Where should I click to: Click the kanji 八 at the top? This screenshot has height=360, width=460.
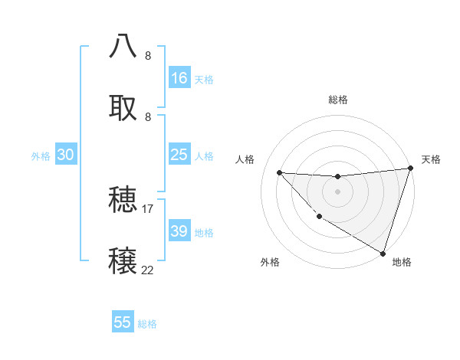click(123, 46)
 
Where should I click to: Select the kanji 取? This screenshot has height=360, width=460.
click(123, 108)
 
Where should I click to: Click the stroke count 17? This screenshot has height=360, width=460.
click(148, 208)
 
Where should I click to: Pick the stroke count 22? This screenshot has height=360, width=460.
click(148, 270)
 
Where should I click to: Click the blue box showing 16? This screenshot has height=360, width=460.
click(179, 78)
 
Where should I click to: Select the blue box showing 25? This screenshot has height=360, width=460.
click(179, 155)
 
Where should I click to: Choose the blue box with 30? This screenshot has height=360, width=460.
click(66, 155)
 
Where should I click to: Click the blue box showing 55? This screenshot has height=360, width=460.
click(123, 322)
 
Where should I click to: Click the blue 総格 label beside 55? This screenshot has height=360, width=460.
click(148, 324)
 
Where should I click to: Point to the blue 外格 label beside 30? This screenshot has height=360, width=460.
click(41, 156)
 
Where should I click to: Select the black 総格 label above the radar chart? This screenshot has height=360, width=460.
click(337, 100)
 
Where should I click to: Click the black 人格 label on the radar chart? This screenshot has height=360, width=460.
click(245, 159)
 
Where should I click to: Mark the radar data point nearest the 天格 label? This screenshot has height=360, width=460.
click(410, 169)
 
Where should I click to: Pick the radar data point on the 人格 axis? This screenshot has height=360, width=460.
click(279, 172)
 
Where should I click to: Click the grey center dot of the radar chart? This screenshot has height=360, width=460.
click(337, 191)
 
